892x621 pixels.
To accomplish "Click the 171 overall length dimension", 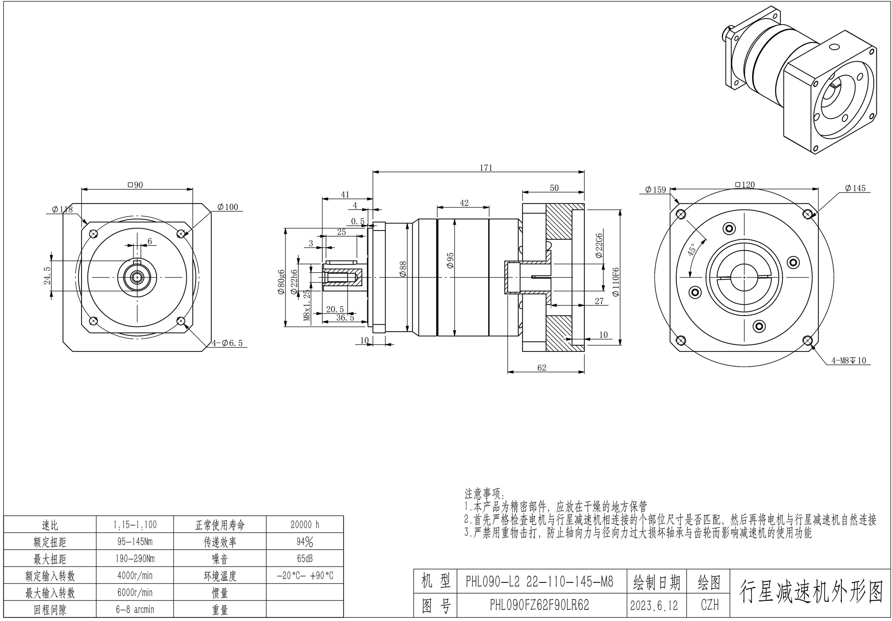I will (x=486, y=168).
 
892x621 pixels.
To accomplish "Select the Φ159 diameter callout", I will (x=656, y=190).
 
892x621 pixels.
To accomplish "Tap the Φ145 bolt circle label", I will (x=855, y=188).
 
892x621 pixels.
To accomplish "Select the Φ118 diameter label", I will (x=62, y=209).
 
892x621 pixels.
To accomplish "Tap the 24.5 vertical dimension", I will (x=47, y=275).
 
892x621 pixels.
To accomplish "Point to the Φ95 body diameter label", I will (x=451, y=260).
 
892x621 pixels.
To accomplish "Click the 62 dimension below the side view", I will (x=542, y=368).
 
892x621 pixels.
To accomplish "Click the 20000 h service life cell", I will (x=305, y=525).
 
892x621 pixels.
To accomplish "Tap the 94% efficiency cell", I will (x=305, y=542).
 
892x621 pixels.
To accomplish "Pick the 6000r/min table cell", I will (x=135, y=593).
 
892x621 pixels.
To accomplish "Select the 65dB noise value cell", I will (x=305, y=558).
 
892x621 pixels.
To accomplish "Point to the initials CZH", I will (x=709, y=605).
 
